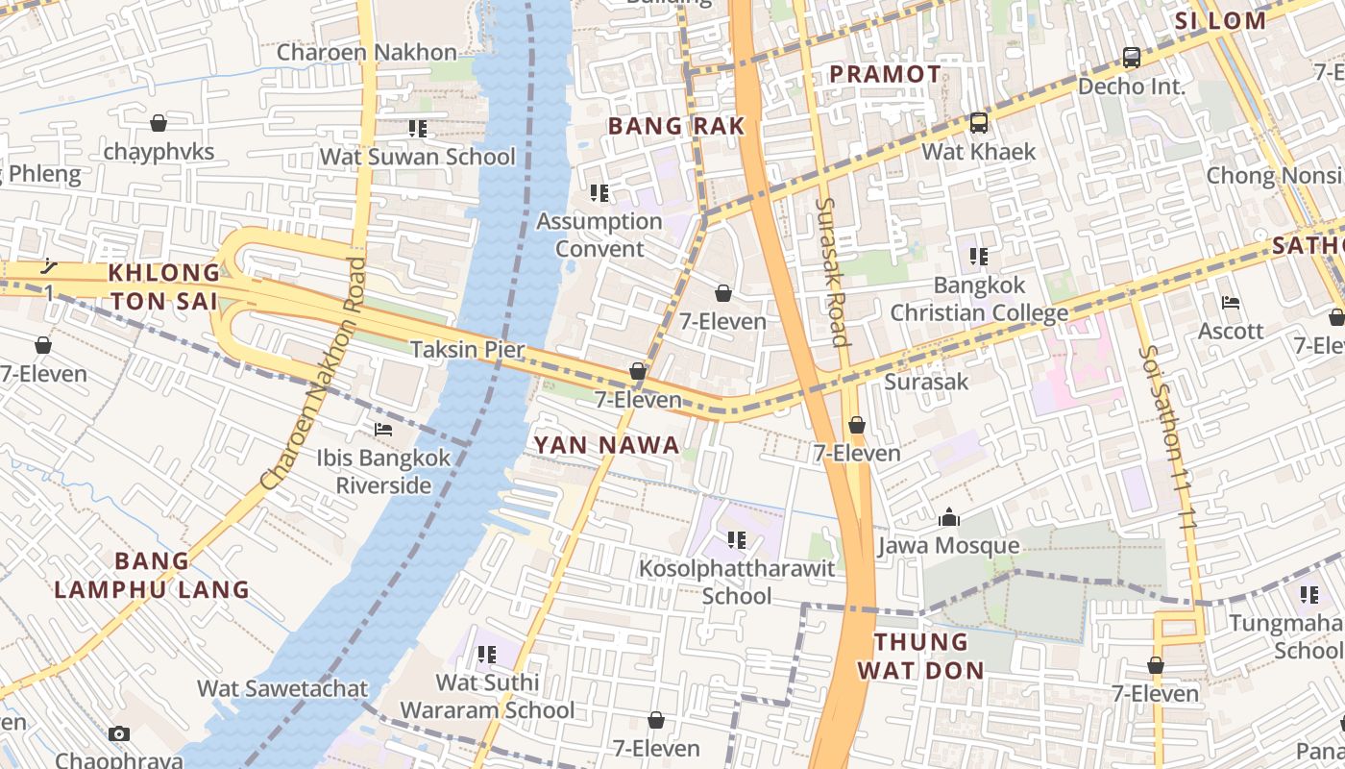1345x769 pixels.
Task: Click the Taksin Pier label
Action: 468,349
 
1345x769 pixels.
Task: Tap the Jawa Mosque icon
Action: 949,518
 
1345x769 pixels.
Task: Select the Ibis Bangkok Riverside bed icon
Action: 383,430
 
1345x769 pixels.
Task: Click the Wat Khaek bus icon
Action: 979,123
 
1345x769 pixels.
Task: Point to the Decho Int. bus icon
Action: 1132,58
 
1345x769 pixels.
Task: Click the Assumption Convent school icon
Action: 599,193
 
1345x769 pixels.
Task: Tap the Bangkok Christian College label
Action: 979,299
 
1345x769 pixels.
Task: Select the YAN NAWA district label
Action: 606,445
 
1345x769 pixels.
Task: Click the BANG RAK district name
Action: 676,126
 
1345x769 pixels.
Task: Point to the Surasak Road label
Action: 831,271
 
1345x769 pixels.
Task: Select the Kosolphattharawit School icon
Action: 737,540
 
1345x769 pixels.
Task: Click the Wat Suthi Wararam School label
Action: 487,697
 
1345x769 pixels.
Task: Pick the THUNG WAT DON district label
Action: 920,656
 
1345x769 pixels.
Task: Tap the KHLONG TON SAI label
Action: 163,286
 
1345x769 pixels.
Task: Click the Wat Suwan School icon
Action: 417,128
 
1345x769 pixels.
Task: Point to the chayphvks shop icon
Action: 159,123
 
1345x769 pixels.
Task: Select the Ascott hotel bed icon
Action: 1231,303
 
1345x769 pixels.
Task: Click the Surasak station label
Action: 926,382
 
